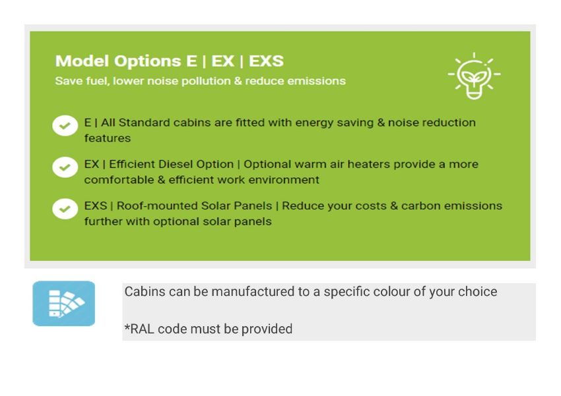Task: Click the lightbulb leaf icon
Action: tap(474, 76)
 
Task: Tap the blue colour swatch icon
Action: tap(63, 304)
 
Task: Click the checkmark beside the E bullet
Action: tap(65, 126)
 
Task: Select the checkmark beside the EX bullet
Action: tap(65, 167)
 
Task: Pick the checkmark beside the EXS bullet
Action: tap(65, 208)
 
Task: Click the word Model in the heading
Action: tap(82, 61)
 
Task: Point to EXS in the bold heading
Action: tap(266, 61)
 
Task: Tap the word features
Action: tap(108, 138)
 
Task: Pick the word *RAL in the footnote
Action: tap(139, 329)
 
